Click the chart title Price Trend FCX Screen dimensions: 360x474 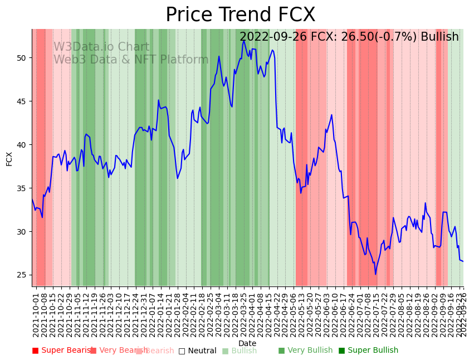click(x=240, y=15)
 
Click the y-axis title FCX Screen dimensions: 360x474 click(x=9, y=159)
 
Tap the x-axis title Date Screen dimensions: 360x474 click(x=247, y=343)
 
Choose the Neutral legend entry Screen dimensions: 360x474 click(x=197, y=351)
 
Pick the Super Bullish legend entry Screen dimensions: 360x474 click(x=368, y=351)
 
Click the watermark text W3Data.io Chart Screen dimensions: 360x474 click(x=101, y=47)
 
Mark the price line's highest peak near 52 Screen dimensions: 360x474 click(x=244, y=41)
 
